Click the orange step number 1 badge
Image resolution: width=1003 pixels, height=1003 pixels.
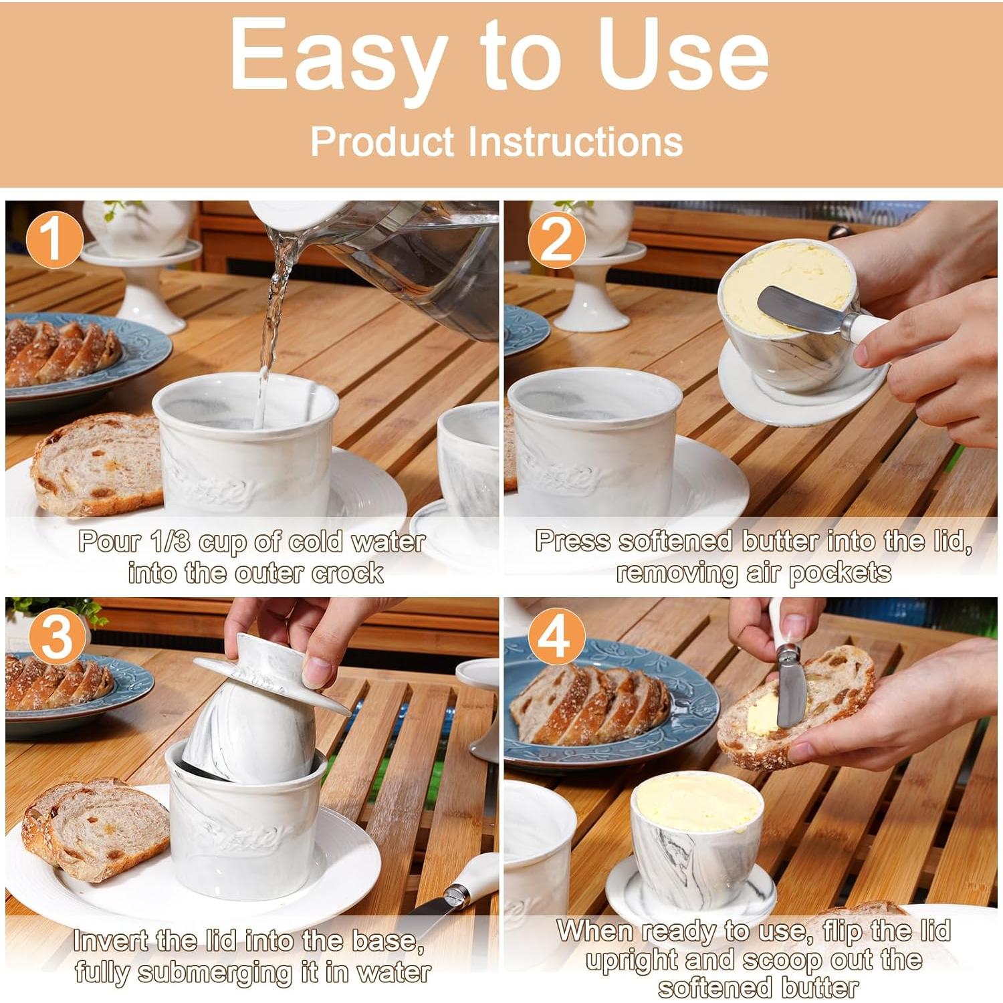(x=53, y=240)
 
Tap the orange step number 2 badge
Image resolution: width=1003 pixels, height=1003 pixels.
(x=556, y=240)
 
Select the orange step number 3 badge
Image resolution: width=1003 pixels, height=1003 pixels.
(x=57, y=637)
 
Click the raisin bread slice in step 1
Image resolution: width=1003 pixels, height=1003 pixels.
(x=98, y=464)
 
